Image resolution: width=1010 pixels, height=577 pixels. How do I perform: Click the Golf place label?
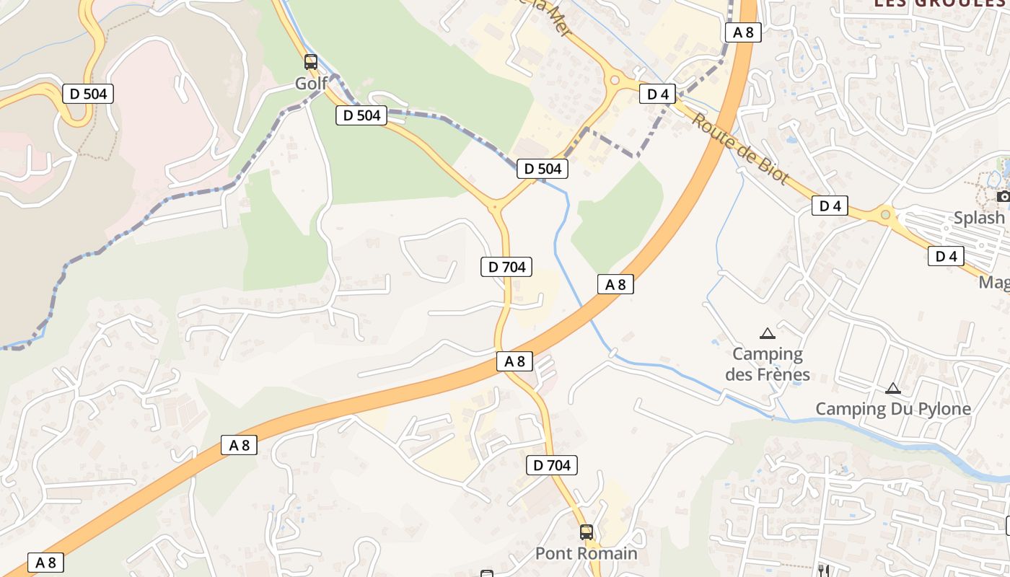311,84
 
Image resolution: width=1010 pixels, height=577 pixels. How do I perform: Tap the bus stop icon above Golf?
311,62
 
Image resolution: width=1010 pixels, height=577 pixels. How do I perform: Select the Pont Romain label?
586,553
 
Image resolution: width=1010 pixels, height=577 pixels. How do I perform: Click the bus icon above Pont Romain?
587,532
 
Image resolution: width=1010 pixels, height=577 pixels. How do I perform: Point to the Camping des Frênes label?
768,364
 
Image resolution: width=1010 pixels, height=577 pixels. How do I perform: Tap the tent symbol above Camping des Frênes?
768,333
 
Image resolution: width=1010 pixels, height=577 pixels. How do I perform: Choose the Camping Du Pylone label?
893,409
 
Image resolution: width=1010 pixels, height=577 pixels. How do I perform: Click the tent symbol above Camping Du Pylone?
893,388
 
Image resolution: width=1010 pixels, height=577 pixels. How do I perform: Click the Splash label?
979,218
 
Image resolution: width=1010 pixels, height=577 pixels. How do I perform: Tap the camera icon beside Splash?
1003,196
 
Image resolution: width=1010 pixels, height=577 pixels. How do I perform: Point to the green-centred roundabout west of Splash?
885,214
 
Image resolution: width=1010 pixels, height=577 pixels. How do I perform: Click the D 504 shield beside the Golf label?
361,115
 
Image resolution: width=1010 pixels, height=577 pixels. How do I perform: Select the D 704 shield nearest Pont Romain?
552,465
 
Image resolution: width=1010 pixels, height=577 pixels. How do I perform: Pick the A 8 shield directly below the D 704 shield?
514,361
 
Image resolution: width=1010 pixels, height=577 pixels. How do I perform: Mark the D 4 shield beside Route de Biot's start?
657,94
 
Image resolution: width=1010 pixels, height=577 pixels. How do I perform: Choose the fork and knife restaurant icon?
824,571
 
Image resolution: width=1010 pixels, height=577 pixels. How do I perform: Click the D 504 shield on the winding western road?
88,94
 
